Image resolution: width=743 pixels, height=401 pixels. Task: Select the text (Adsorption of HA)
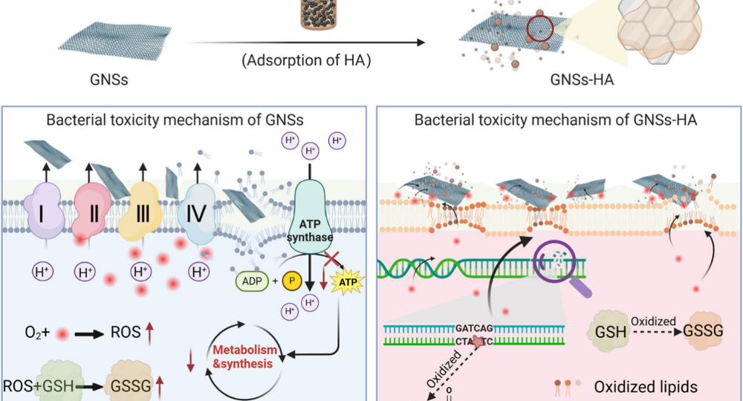pyautogui.click(x=306, y=60)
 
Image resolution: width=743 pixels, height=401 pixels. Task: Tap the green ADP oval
pyautogui.click(x=251, y=281)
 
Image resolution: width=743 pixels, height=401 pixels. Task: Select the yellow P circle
pyautogui.click(x=292, y=282)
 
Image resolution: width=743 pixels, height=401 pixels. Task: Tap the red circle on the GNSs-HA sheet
pyautogui.click(x=540, y=29)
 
